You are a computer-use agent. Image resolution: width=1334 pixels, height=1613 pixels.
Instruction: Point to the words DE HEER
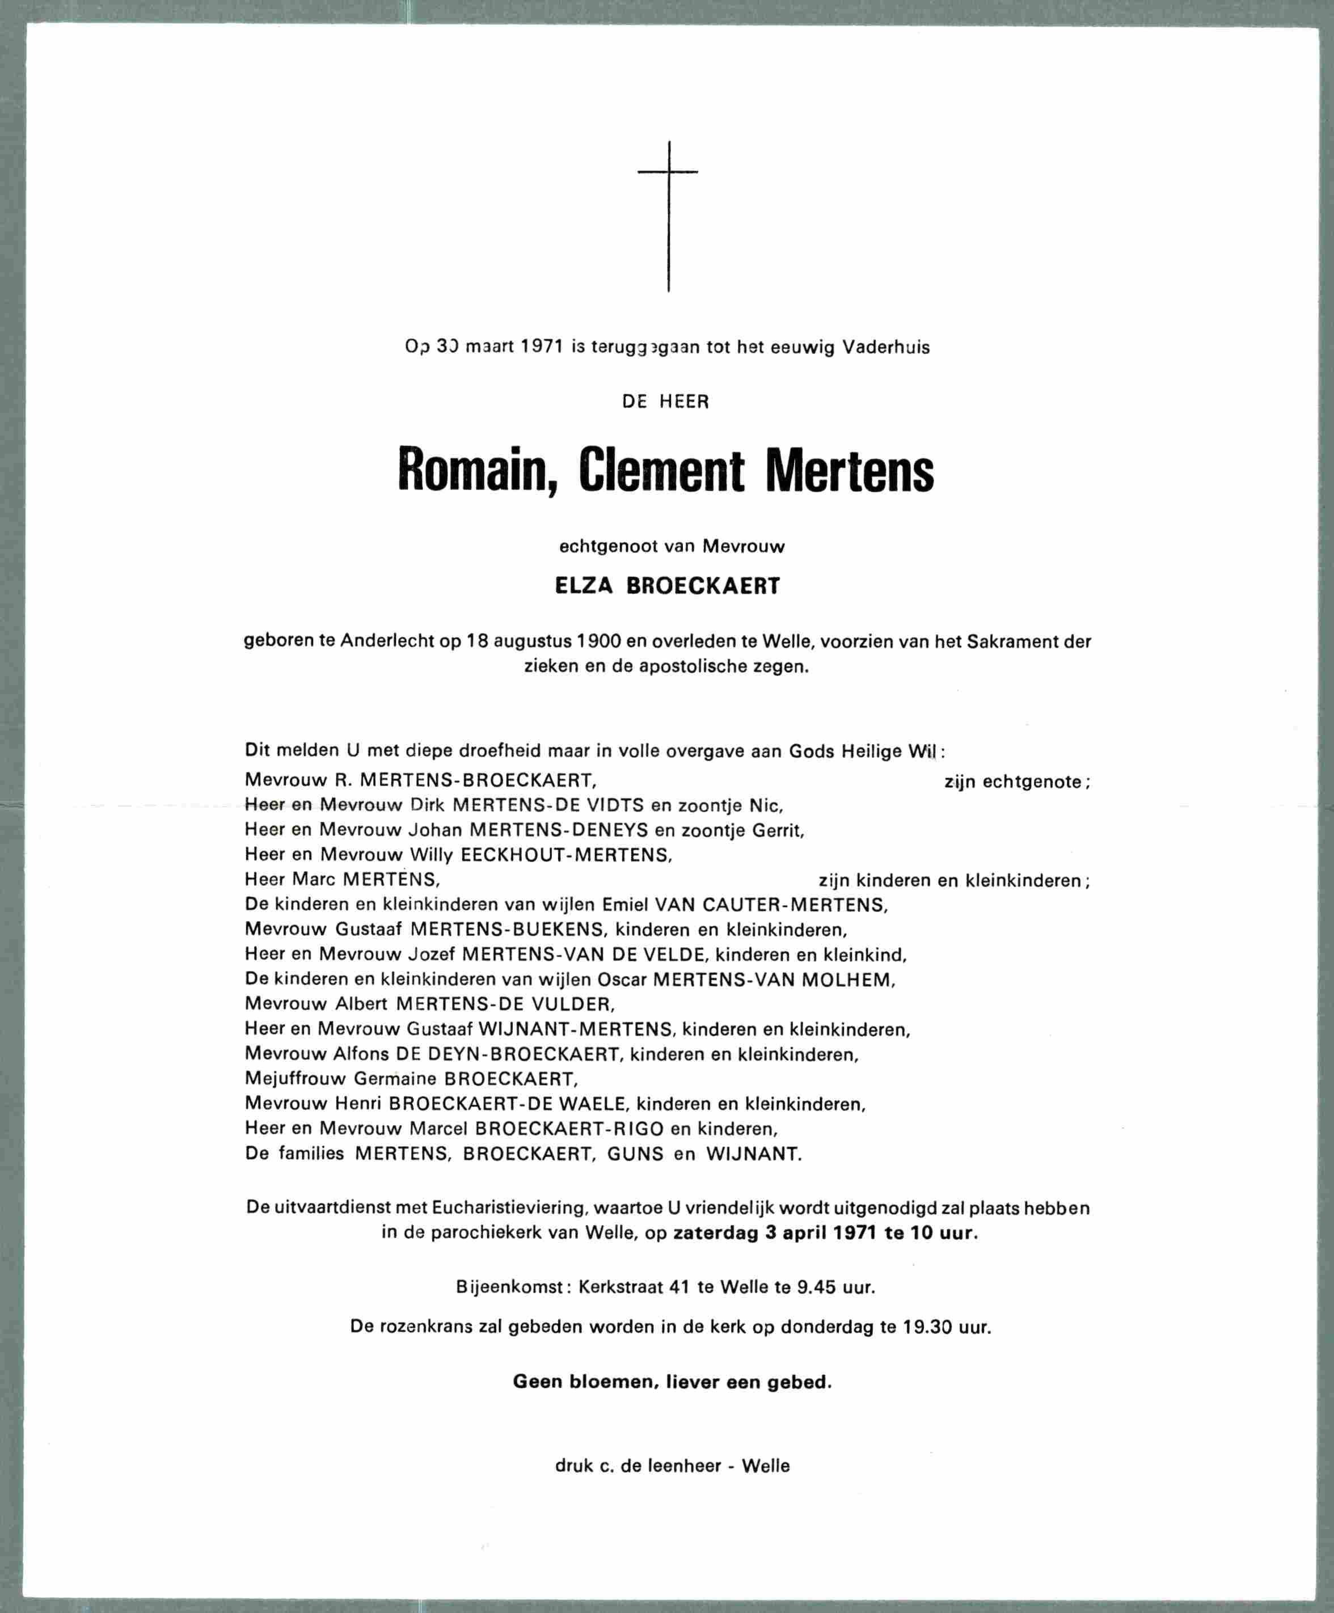pyautogui.click(x=666, y=401)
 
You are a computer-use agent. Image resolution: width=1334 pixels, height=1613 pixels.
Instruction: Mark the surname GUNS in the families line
pyautogui.click(x=635, y=1153)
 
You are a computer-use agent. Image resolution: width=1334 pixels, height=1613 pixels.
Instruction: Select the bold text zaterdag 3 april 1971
pyautogui.click(x=776, y=1234)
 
